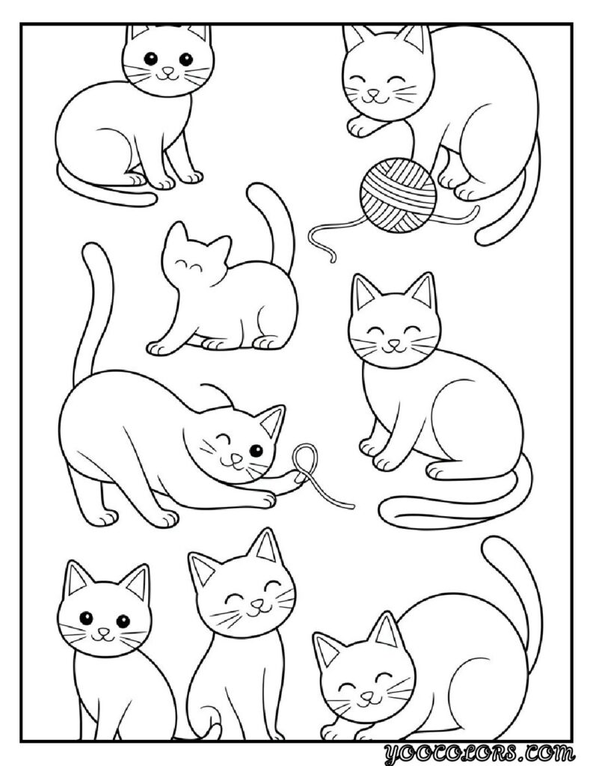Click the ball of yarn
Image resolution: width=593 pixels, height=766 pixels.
398,192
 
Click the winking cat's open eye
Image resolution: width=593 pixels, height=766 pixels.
255,450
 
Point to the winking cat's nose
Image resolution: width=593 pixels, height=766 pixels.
236,459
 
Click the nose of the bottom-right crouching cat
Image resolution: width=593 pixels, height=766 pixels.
366,695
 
